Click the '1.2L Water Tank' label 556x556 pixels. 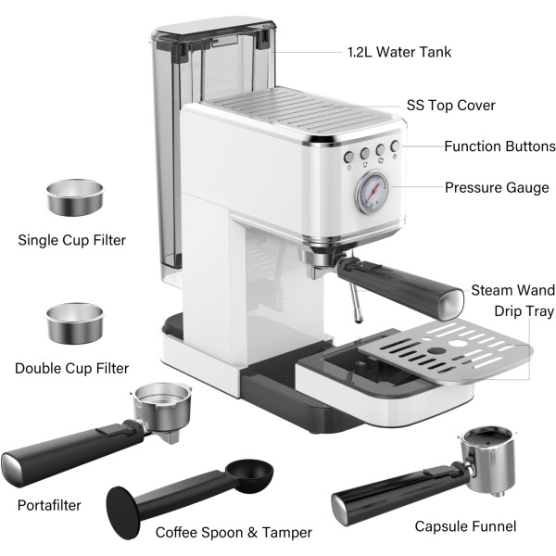(x=399, y=52)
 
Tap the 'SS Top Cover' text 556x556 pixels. (x=450, y=106)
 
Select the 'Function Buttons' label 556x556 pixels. (x=499, y=146)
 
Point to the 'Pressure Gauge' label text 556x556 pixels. (x=497, y=187)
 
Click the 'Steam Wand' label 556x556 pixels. (x=512, y=290)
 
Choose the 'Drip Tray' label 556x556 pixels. (x=524, y=311)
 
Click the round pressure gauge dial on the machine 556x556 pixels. (x=372, y=193)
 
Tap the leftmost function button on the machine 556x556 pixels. (x=349, y=157)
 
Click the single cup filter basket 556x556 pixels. (x=75, y=197)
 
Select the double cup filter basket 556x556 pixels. (x=74, y=323)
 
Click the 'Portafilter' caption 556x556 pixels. (x=49, y=505)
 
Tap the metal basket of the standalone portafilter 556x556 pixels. (x=161, y=406)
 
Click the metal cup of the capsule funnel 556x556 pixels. (x=488, y=461)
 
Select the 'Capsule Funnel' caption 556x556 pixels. (x=465, y=526)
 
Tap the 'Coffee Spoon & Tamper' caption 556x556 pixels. (x=234, y=533)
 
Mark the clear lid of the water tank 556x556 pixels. (x=214, y=28)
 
